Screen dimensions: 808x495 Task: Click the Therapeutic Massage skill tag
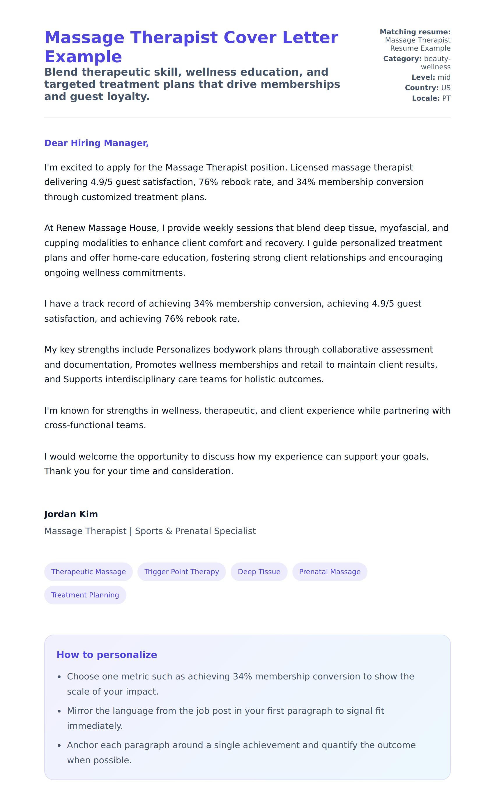(88, 572)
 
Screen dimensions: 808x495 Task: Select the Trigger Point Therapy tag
(181, 572)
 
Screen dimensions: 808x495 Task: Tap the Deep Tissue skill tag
(259, 572)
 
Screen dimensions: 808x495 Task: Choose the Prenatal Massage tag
(330, 572)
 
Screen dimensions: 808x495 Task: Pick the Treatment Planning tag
(85, 595)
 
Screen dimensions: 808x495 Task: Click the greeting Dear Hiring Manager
(96, 143)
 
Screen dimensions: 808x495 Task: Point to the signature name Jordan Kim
(71, 514)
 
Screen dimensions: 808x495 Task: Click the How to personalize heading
(107, 654)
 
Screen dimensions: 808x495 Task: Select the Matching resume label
(415, 32)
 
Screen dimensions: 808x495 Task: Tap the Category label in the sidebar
(402, 59)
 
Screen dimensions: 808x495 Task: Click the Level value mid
(444, 77)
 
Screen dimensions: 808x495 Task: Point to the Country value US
(446, 88)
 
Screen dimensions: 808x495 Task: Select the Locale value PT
(446, 98)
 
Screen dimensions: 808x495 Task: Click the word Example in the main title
(83, 57)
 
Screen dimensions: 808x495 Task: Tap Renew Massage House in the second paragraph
(106, 228)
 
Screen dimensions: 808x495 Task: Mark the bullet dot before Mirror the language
(59, 711)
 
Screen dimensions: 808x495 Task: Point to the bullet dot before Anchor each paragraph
(59, 746)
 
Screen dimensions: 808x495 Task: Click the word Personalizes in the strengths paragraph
(183, 350)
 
